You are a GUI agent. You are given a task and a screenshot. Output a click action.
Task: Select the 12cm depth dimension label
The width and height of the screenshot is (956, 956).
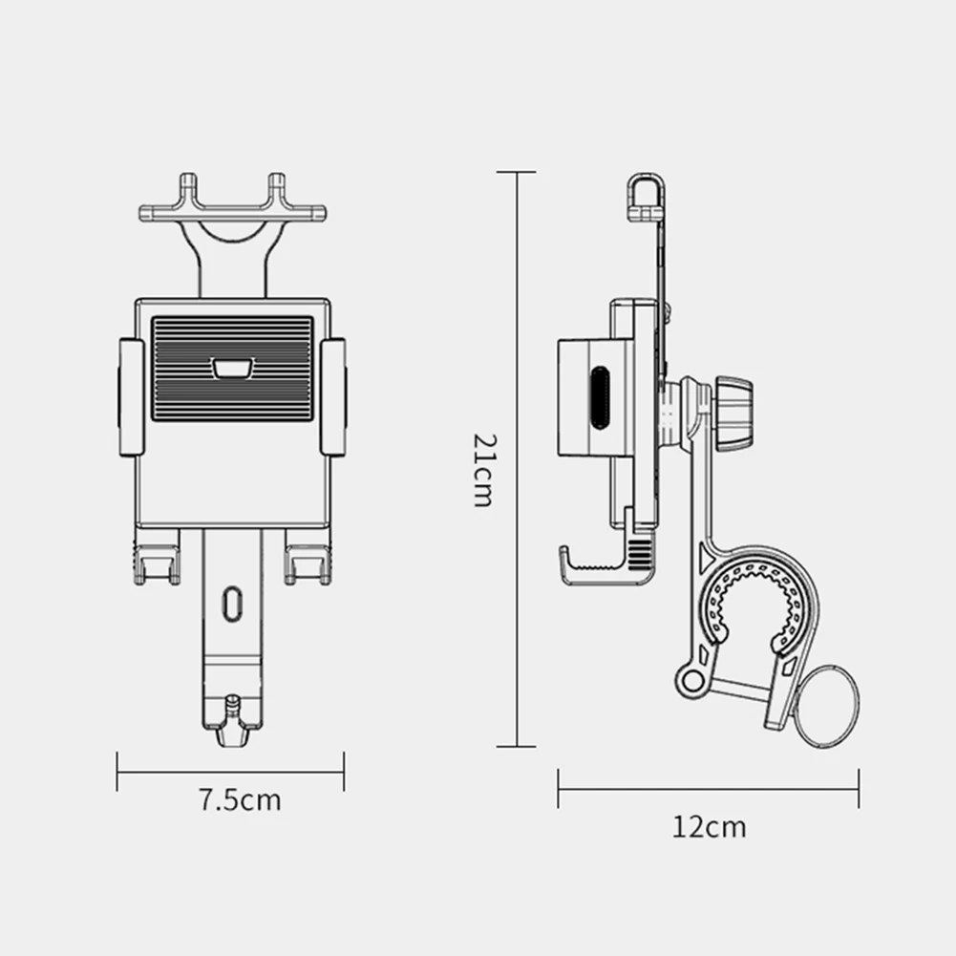pyautogui.click(x=708, y=826)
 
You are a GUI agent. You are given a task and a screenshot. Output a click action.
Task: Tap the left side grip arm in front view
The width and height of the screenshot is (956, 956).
pyautogui.click(x=131, y=396)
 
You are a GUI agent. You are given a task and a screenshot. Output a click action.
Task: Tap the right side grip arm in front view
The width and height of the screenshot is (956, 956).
pyautogui.click(x=333, y=396)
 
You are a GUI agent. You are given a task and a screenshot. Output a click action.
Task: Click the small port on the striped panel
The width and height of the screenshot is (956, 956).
pyautogui.click(x=231, y=369)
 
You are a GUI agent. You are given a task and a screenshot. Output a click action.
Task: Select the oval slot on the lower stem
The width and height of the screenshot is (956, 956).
pyautogui.click(x=230, y=605)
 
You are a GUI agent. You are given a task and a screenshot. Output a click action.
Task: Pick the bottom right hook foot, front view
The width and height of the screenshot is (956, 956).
pyautogui.click(x=307, y=563)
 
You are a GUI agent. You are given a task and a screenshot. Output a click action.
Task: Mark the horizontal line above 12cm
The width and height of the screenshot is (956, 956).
pyautogui.click(x=708, y=789)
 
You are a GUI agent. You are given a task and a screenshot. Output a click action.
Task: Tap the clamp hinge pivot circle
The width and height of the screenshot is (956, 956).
pyautogui.click(x=691, y=679)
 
